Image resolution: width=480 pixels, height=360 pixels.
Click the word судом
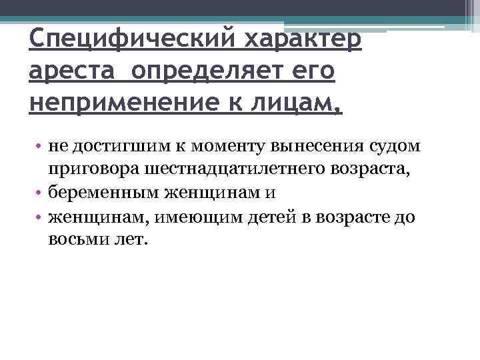coord(397,147)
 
